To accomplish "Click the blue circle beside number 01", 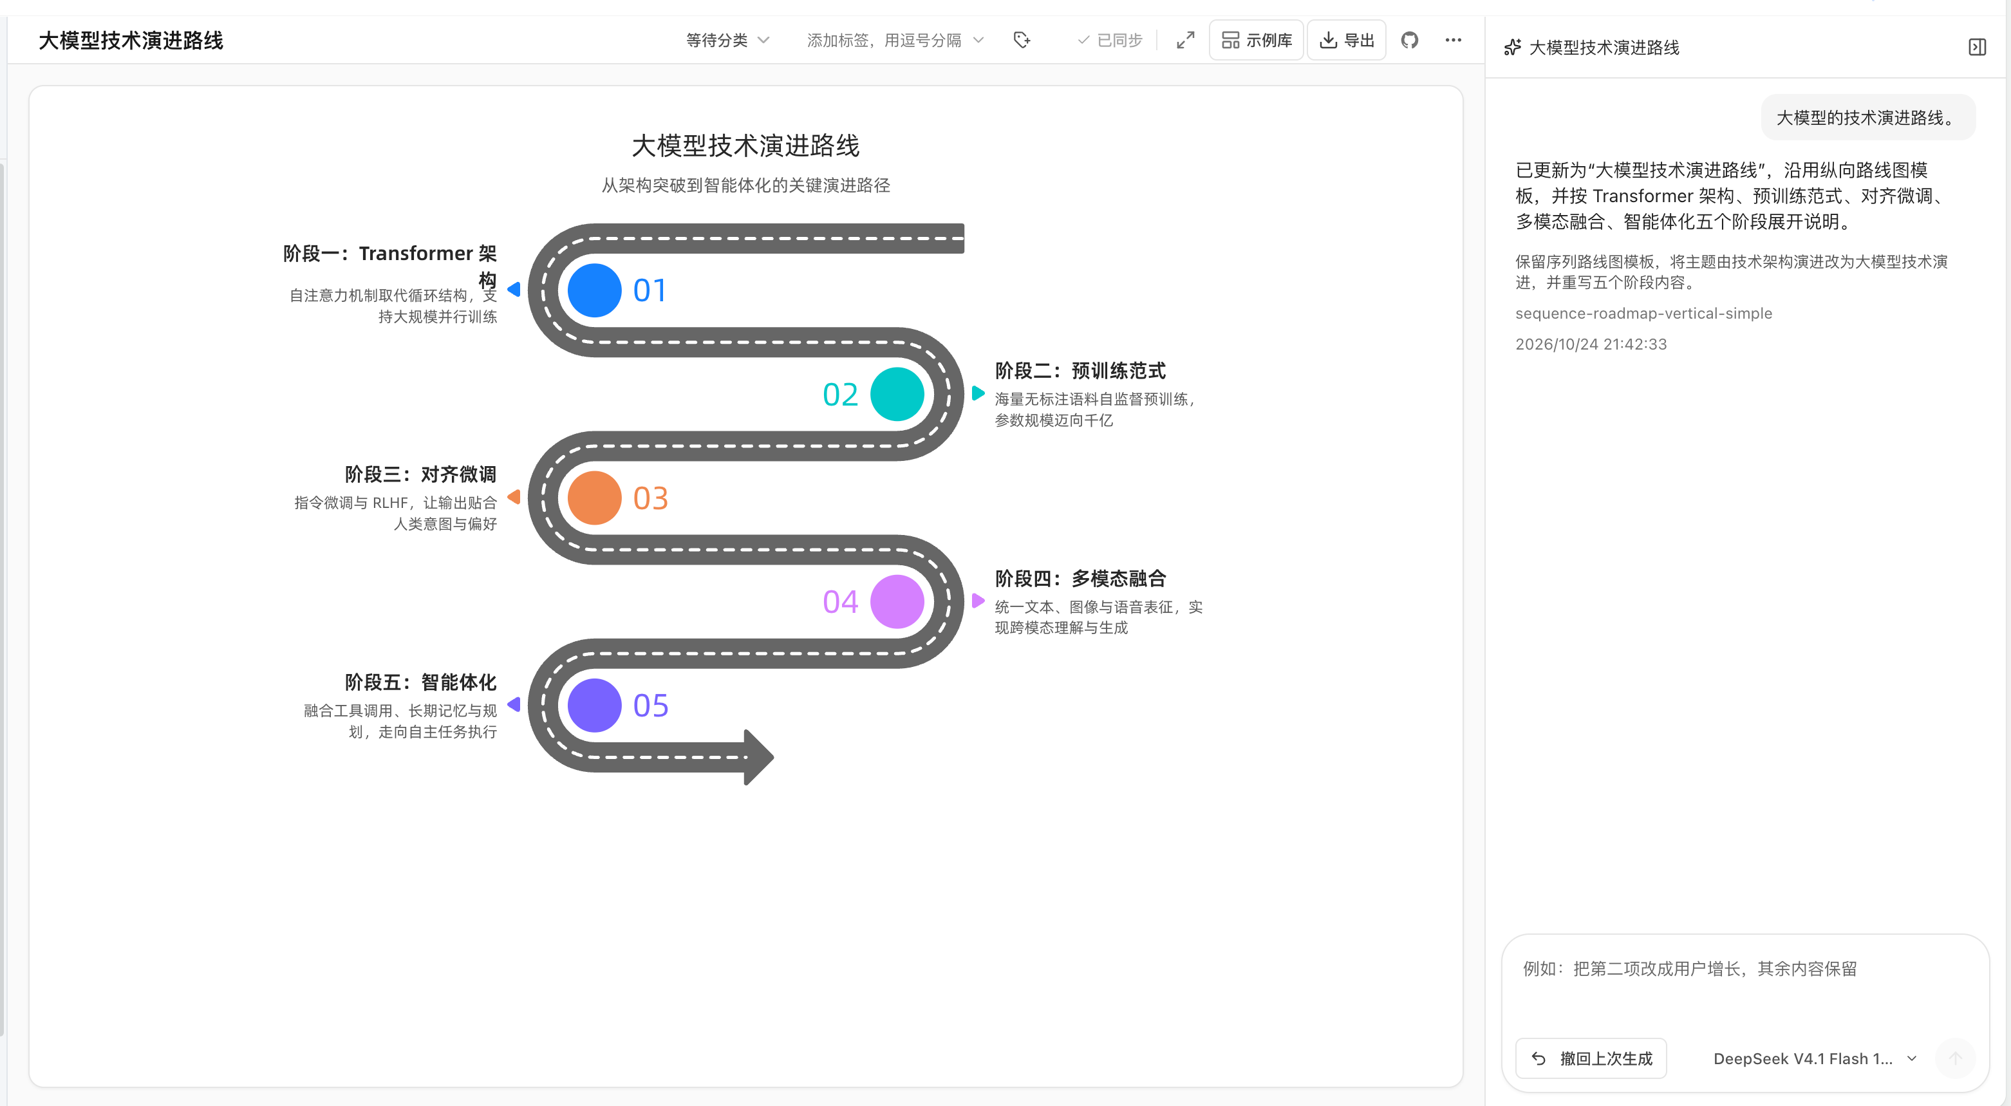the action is click(594, 290).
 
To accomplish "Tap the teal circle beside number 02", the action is click(897, 394).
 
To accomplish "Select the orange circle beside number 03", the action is click(594, 498).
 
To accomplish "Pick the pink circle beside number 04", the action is click(897, 602).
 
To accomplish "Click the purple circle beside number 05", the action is click(594, 706).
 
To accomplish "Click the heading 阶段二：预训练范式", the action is click(1080, 371).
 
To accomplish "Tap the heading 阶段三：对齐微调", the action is click(421, 474).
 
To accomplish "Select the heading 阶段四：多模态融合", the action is click(1080, 578).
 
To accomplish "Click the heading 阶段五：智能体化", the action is click(421, 682).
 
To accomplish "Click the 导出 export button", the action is click(1347, 40).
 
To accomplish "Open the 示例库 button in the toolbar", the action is click(1257, 40).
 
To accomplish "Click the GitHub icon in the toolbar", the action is click(1409, 40).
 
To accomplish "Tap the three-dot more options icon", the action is click(1453, 40).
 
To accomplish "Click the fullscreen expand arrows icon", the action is click(1185, 40).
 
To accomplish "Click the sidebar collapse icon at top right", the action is click(1977, 48).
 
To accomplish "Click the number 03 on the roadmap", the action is click(650, 498).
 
